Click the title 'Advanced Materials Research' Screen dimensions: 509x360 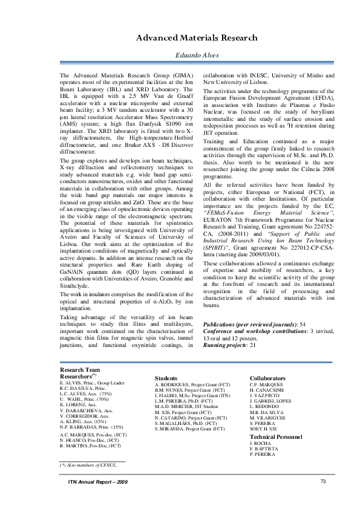[x=188, y=37]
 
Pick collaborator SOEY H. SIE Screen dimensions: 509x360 [x=263, y=428]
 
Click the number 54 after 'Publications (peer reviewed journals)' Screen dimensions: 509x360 [x=311, y=325]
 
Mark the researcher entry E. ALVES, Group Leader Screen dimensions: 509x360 [x=91, y=383]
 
